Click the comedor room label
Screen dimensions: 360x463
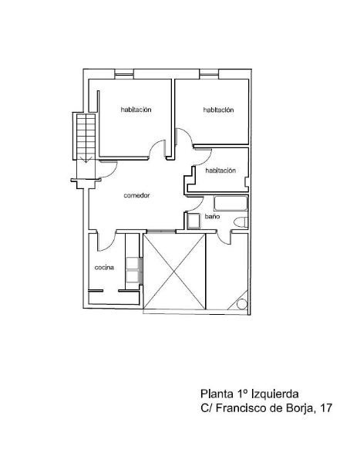[x=136, y=195]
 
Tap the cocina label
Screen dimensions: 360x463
[x=104, y=268]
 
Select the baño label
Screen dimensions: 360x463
[x=213, y=216]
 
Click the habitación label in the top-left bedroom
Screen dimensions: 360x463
[x=136, y=110]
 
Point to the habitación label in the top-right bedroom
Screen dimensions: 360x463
[x=218, y=110]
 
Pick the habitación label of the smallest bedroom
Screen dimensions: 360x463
[x=220, y=171]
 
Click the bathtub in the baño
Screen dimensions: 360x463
[x=230, y=204]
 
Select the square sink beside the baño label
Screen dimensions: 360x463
[x=193, y=221]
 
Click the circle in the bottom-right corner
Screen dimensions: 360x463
[x=242, y=304]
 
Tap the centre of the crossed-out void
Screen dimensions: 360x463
[x=174, y=272]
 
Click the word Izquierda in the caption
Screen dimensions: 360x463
[x=274, y=394]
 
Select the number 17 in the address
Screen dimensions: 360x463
[x=325, y=408]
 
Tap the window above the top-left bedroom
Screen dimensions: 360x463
[x=124, y=74]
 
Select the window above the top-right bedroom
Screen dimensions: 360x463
[x=209, y=74]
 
